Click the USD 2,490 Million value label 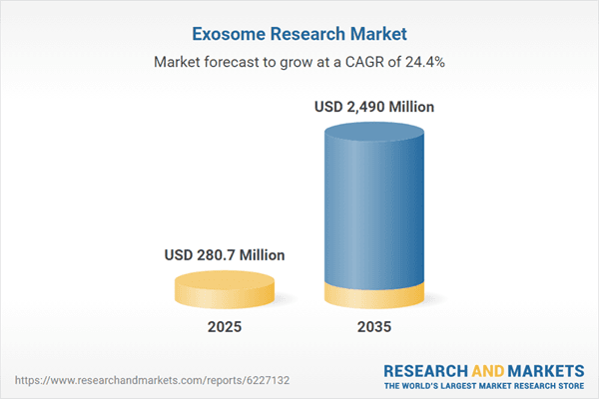pyautogui.click(x=375, y=106)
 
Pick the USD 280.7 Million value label pyautogui.click(x=225, y=255)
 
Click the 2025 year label pyautogui.click(x=225, y=327)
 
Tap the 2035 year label pyautogui.click(x=375, y=327)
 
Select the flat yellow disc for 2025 pyautogui.click(x=225, y=289)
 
